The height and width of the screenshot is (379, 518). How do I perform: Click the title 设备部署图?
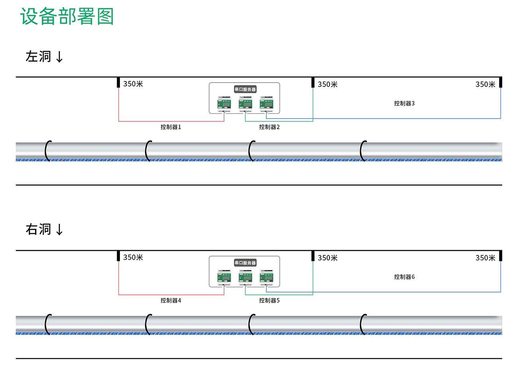pos(67,17)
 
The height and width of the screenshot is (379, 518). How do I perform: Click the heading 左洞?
pos(38,57)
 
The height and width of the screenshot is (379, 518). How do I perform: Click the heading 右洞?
pos(38,229)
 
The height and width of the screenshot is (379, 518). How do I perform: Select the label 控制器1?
pos(171,127)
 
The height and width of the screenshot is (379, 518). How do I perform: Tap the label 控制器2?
pos(269,127)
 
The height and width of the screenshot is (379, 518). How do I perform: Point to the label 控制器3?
pos(404,103)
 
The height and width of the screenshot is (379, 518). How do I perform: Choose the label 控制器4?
pos(171,300)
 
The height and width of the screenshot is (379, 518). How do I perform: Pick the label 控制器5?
pos(269,300)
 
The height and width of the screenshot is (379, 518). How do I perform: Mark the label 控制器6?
pos(404,277)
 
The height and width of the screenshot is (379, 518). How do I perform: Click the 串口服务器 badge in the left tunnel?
pos(245,89)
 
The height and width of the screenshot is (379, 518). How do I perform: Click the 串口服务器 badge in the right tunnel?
pos(245,263)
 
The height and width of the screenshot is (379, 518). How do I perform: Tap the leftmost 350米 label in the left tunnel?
pos(133,84)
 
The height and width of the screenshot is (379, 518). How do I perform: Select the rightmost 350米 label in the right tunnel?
pos(485,258)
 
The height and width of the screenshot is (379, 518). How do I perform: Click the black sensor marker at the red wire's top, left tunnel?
pos(118,82)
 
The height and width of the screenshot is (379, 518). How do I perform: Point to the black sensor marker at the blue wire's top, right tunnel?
pos(500,256)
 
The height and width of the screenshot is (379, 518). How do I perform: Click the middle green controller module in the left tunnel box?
pos(245,103)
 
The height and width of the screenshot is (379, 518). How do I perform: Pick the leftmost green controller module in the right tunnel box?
pos(224,276)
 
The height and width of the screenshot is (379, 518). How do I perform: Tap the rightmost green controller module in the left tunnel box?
pos(267,103)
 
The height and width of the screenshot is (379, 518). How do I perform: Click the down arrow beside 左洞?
pos(59,57)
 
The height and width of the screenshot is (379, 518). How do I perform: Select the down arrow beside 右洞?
pos(59,230)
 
